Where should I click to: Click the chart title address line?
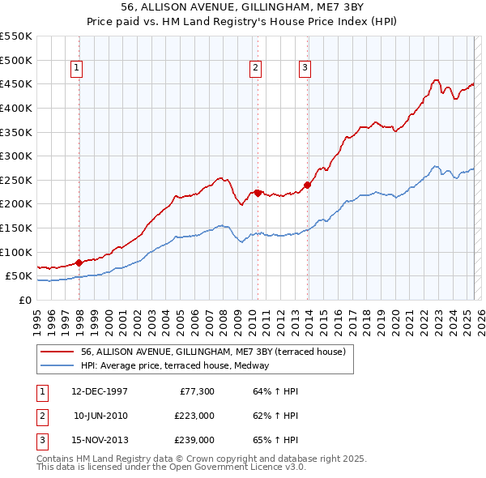click(x=242, y=6)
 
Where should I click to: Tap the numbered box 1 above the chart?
click(x=76, y=68)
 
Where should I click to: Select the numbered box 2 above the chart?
click(x=255, y=68)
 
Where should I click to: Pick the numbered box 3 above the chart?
click(x=305, y=68)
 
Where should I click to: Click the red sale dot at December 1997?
click(x=79, y=262)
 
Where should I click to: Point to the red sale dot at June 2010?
click(x=258, y=193)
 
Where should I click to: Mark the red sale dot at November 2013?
click(x=308, y=185)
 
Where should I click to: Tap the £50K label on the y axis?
click(x=19, y=276)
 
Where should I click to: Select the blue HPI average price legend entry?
click(x=179, y=365)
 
